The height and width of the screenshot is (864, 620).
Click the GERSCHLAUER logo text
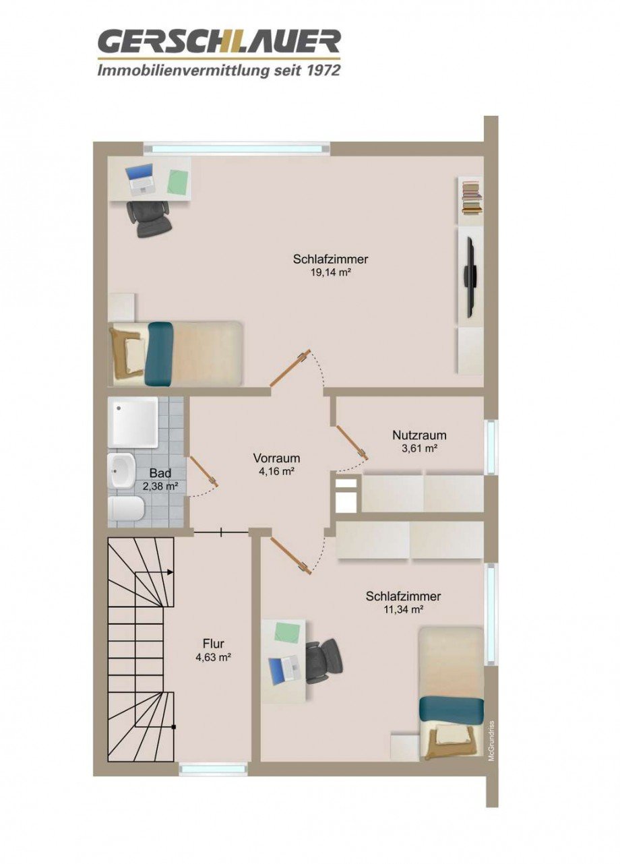click(219, 41)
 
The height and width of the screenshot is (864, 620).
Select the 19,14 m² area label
click(330, 272)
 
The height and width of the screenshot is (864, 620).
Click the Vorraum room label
click(277, 458)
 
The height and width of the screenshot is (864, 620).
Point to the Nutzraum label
click(419, 435)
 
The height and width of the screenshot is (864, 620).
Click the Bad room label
click(160, 473)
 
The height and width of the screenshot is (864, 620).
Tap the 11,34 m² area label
click(403, 610)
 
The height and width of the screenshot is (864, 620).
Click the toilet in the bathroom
click(126, 509)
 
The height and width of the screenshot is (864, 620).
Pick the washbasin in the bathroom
click(121, 470)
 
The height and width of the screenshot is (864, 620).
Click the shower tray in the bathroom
click(135, 422)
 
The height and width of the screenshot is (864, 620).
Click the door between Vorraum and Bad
click(203, 471)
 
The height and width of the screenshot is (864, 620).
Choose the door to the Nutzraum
click(352, 443)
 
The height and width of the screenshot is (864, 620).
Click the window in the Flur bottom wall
click(212, 768)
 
